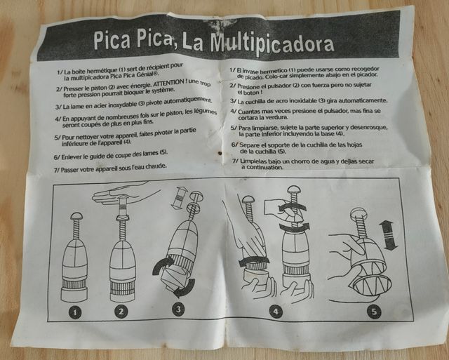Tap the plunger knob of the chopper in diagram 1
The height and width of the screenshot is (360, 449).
76,216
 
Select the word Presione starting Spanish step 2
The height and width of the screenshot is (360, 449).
255,85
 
